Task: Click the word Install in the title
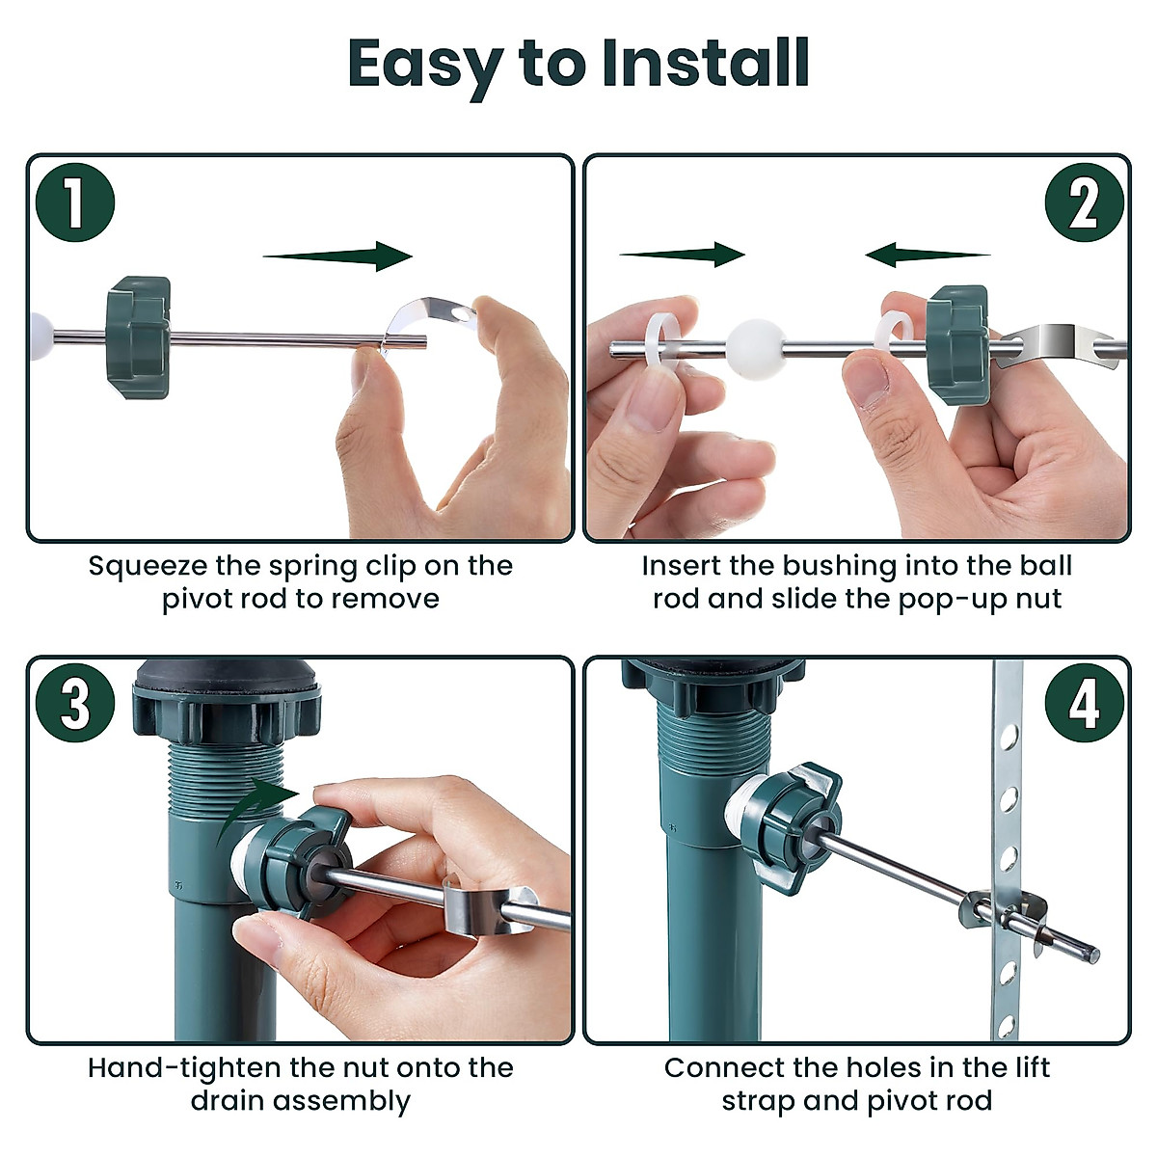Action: point(705,64)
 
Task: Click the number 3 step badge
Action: point(75,704)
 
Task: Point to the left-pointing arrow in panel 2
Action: point(926,255)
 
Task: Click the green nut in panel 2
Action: point(956,344)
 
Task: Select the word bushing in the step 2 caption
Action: point(838,566)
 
